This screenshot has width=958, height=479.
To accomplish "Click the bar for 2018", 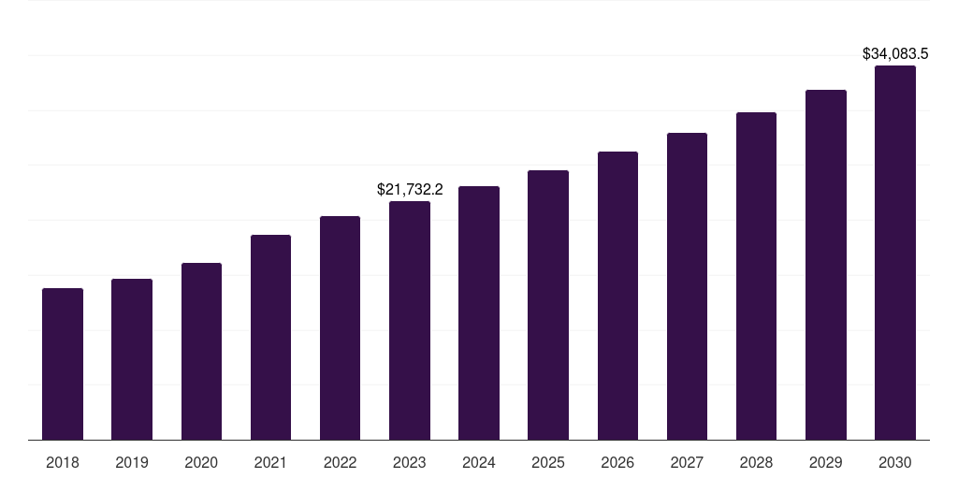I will [x=63, y=364].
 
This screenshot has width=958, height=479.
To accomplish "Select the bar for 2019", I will [x=132, y=359].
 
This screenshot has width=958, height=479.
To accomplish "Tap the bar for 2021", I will [x=270, y=337].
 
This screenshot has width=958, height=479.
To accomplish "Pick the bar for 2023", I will [x=410, y=320].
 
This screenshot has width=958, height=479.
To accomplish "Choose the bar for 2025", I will [x=548, y=305].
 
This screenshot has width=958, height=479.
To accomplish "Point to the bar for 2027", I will [x=687, y=286].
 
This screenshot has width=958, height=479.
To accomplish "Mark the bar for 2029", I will [x=825, y=265].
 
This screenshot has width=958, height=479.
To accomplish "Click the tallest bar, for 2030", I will [x=894, y=253].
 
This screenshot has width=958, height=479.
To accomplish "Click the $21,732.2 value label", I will [x=410, y=189].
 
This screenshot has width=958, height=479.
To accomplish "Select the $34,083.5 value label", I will [x=894, y=54].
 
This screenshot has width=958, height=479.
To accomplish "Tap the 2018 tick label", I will [x=63, y=462].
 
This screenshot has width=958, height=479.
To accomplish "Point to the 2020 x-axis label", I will [x=201, y=462].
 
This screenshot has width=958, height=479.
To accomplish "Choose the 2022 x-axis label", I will [x=340, y=462].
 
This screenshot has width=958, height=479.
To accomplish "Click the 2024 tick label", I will [x=479, y=462].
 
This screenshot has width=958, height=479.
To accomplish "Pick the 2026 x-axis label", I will [x=617, y=462].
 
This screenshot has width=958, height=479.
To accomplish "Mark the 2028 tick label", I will [x=756, y=462].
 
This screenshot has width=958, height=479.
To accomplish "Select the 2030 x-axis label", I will [x=894, y=462].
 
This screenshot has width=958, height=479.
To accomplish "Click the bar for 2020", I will [x=201, y=351].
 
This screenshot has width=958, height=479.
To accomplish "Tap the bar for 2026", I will [x=617, y=296].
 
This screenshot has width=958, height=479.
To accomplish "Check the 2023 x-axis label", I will [x=410, y=462].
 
